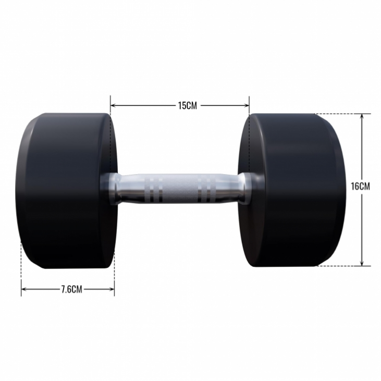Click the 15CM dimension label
point(187,105)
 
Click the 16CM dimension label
point(360,187)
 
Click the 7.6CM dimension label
point(71,289)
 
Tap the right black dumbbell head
point(291,190)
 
